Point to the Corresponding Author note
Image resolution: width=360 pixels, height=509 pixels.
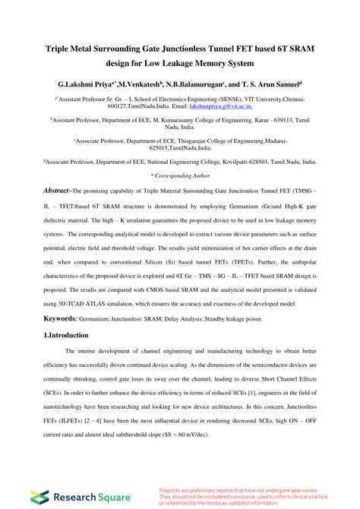click(x=180, y=175)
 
